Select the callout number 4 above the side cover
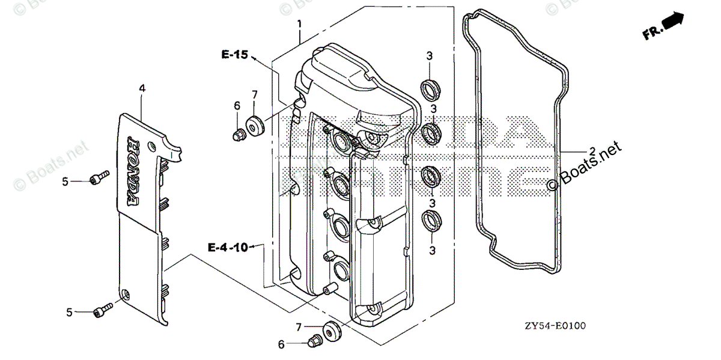point(142,88)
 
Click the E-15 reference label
point(234,55)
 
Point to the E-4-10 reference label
point(228,246)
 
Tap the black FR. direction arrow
point(672,22)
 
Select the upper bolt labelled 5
point(99,177)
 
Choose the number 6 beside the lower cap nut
point(281,344)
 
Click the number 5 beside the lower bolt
point(70,312)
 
